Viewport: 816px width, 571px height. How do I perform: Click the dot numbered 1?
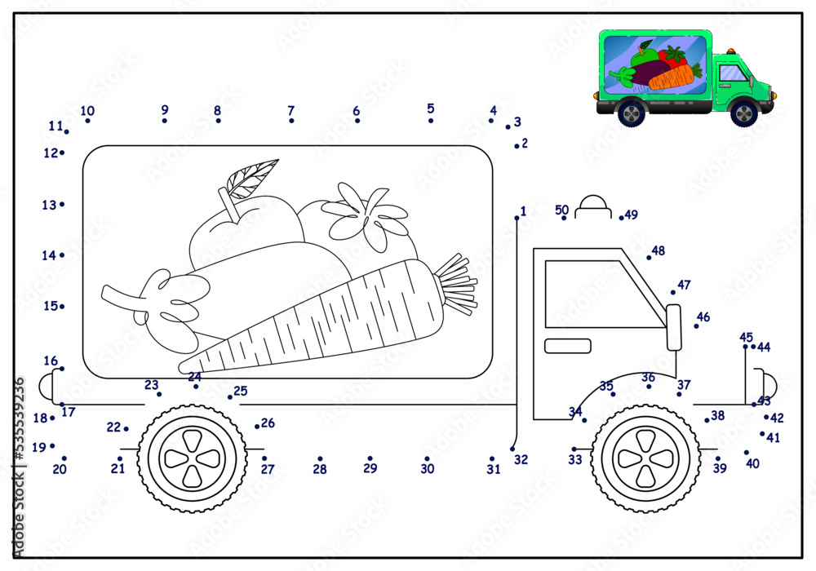(517, 218)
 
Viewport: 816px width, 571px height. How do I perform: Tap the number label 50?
(561, 210)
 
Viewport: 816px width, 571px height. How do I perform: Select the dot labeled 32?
(512, 449)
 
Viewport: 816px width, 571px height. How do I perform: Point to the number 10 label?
(87, 111)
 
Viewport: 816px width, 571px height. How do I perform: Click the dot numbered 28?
(320, 458)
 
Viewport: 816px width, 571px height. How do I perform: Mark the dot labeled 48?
(649, 258)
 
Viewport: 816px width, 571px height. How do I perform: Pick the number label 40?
(752, 463)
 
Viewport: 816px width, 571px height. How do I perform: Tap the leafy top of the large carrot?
(457, 285)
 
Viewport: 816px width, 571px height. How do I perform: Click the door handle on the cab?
(567, 346)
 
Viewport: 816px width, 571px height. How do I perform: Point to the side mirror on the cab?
(673, 326)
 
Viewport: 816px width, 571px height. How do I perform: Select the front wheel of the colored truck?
(744, 112)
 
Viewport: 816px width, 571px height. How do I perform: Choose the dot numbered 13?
(62, 204)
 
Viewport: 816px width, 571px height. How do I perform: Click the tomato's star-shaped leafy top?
(365, 213)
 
